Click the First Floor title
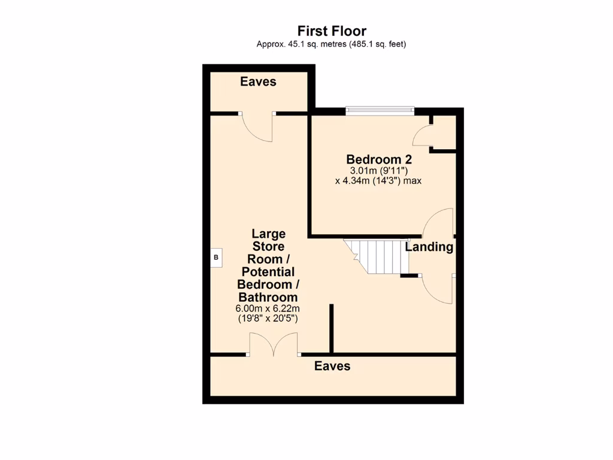332,31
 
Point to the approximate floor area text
332,44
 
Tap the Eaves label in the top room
258,81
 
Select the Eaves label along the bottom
332,366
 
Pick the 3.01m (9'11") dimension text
378,171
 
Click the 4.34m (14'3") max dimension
378,180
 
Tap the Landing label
429,247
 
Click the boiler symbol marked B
217,258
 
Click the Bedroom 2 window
380,110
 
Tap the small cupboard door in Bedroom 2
422,136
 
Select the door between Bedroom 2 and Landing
438,223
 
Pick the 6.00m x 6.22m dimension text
267,308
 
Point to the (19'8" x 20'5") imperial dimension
268,319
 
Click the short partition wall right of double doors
330,328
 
